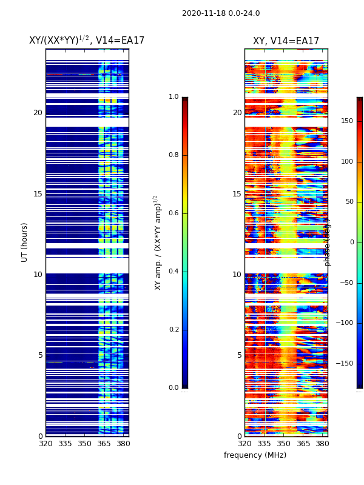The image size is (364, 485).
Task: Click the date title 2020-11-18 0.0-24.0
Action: pos(221,13)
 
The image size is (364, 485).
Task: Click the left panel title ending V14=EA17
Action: pos(87,41)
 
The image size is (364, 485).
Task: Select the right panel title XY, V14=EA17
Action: pos(286,41)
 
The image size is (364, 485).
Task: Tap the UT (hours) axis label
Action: pos(25,242)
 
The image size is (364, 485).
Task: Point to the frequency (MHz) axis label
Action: pos(255,455)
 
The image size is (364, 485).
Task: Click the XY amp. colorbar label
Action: pos(158,242)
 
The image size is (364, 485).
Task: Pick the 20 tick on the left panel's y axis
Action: pos(38,113)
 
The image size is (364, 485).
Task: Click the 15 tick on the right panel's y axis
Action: pos(237,194)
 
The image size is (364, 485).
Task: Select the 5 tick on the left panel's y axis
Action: pos(40,355)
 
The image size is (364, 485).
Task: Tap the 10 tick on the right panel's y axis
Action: pos(237,275)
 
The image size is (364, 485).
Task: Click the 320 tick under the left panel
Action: pos(45,444)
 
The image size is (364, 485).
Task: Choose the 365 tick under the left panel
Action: pos(104,444)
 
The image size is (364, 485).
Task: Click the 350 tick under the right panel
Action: pos(283,444)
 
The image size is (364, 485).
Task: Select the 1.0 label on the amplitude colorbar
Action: pos(174,97)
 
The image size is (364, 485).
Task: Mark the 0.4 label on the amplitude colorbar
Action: pos(174,271)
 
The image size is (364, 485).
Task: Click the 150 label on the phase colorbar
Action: pos(347,121)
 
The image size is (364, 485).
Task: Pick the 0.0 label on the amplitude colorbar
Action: pos(174,387)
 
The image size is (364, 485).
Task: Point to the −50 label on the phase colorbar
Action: pos(347,283)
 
